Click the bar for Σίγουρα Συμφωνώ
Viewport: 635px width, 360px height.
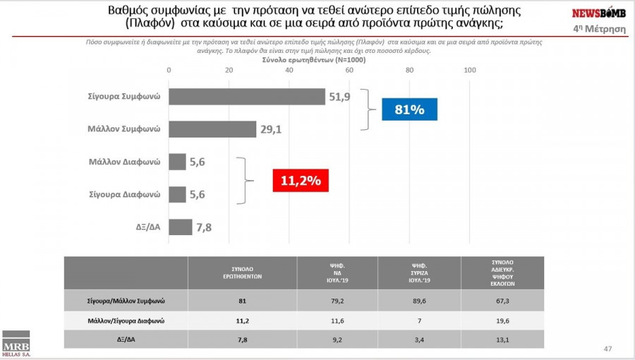point(246,97)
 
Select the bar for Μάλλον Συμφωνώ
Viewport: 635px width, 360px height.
point(212,129)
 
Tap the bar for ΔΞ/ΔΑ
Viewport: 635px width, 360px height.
point(180,227)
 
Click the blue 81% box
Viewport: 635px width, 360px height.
point(409,110)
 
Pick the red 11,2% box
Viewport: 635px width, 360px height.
point(301,181)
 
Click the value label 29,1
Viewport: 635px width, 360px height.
point(270,130)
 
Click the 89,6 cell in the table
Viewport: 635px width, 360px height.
point(420,301)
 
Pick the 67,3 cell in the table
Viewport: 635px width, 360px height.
point(502,301)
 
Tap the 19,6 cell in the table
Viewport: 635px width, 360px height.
point(502,320)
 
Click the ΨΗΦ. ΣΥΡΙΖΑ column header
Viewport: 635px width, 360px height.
point(420,272)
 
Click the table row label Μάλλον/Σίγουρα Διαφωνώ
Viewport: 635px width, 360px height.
point(126,320)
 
